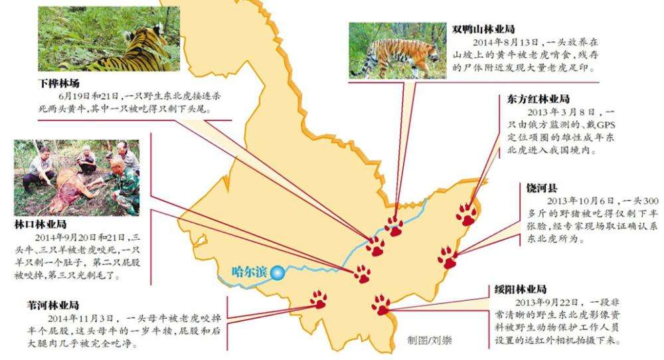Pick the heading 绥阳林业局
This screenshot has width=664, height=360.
point(521,290)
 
